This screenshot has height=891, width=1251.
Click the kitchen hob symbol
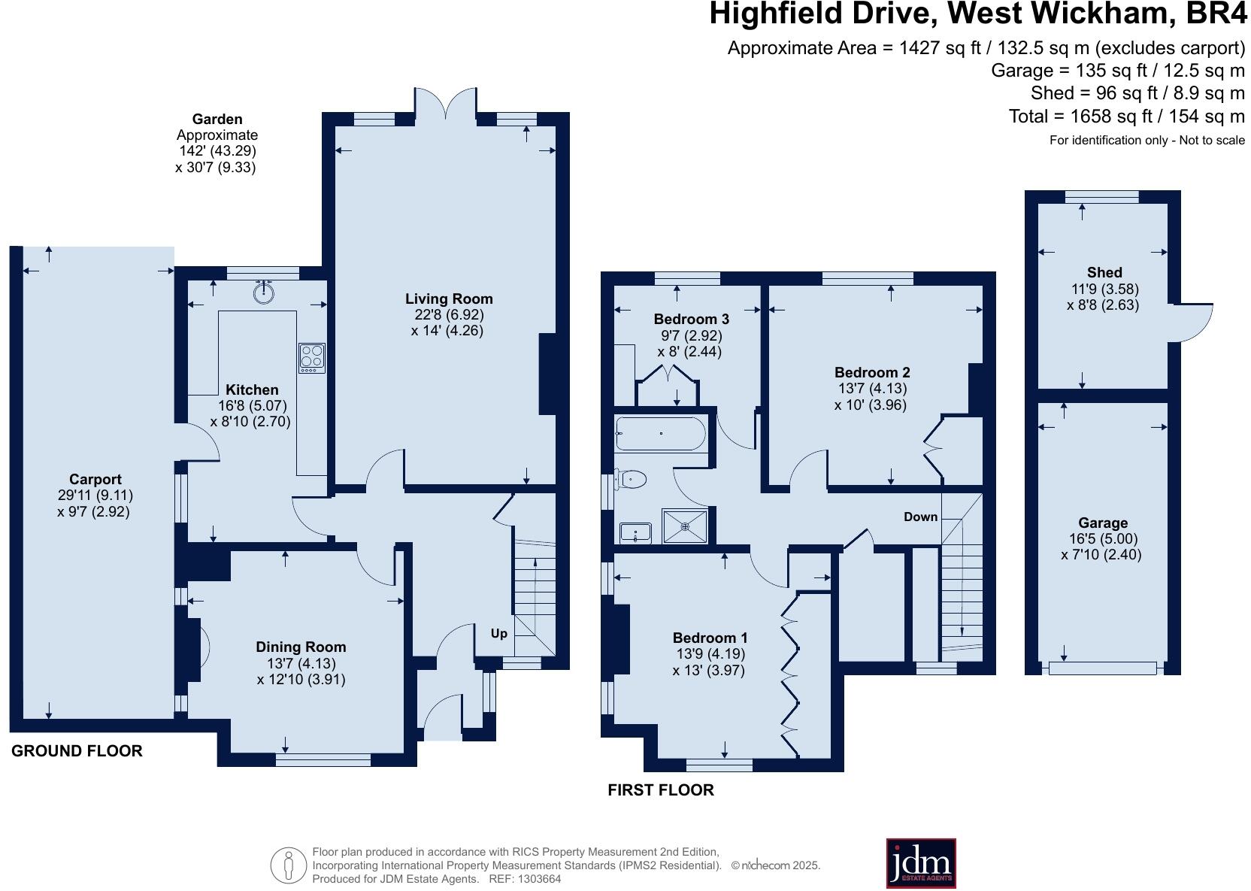pos(312,357)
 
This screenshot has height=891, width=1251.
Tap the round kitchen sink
pos(263,292)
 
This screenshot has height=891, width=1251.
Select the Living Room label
pos(449,299)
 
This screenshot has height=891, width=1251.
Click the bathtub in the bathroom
pos(660,434)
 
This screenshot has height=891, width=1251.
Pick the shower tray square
pos(685,526)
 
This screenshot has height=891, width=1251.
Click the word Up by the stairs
pos(499,633)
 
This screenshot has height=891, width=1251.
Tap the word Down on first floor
pos(920,517)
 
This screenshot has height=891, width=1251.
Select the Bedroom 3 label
pos(691,319)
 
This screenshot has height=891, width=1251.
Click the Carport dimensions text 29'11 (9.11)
pos(95,496)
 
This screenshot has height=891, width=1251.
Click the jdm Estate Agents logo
pos(920,863)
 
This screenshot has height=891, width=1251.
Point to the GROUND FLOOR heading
pos(77,750)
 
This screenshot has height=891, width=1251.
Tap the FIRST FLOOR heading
pos(661,789)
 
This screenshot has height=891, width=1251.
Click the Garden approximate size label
pos(217,143)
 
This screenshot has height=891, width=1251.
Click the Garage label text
pos(1103,523)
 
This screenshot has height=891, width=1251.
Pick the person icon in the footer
pos(287,865)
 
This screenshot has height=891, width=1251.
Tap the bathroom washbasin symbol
pos(636,533)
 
